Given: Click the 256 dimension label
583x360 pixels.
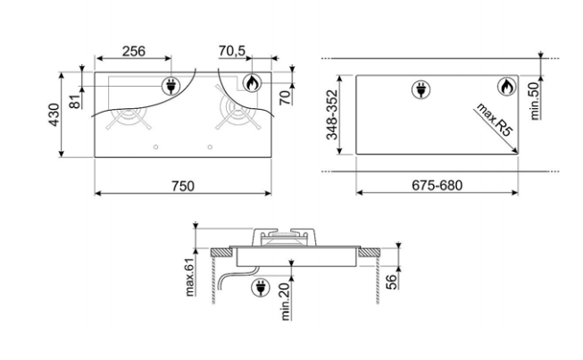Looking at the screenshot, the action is [134, 51].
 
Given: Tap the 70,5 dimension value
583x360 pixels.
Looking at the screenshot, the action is [232, 51].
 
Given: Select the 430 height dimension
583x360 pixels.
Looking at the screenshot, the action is [54, 114].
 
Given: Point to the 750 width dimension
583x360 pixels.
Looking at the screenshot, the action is [183, 186].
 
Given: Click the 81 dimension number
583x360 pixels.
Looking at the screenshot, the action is [76, 102].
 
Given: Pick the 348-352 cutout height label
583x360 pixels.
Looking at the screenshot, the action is [331, 115].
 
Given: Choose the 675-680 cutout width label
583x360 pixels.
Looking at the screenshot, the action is [437, 185].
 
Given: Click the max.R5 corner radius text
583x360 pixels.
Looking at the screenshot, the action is [495, 120].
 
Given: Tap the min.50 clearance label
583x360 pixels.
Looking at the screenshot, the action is [534, 101].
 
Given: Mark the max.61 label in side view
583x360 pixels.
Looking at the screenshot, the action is [189, 277].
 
